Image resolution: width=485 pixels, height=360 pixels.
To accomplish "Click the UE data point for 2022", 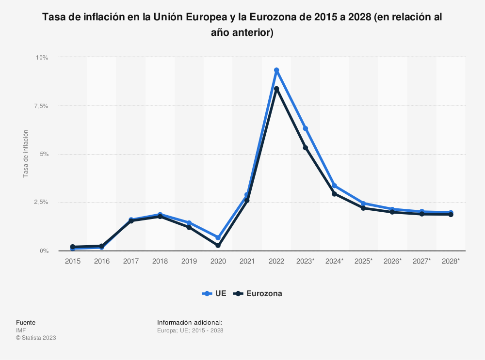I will click(x=276, y=70).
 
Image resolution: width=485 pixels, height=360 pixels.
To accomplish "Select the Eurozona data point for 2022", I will click(x=276, y=89).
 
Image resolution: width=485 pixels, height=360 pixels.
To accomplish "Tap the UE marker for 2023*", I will click(x=306, y=128).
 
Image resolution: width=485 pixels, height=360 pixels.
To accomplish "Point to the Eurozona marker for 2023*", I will click(x=306, y=147).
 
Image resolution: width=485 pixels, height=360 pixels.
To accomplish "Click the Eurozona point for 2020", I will click(x=218, y=246).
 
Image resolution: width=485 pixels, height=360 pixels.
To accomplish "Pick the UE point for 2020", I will click(x=218, y=237).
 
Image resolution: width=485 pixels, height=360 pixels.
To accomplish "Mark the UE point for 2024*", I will click(x=335, y=186).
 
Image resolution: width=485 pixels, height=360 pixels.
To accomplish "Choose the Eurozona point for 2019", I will click(x=189, y=227).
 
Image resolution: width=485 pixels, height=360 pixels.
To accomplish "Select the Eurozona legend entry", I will click(x=258, y=293).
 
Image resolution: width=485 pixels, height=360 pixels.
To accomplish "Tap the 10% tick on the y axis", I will click(x=42, y=57).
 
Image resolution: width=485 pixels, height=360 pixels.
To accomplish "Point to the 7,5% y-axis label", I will click(x=40, y=106).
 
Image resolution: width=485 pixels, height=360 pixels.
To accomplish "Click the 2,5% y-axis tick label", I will click(x=40, y=203).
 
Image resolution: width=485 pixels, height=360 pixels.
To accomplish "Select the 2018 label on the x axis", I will click(x=160, y=261).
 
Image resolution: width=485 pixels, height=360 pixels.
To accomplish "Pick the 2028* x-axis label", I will click(x=451, y=261).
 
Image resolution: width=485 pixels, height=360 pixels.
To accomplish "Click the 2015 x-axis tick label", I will click(x=73, y=261).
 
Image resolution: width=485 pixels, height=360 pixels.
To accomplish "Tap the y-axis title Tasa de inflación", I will click(x=26, y=154).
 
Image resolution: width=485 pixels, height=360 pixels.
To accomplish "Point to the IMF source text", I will click(x=21, y=330).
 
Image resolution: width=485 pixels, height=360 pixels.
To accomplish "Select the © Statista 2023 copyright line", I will click(x=36, y=338).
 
